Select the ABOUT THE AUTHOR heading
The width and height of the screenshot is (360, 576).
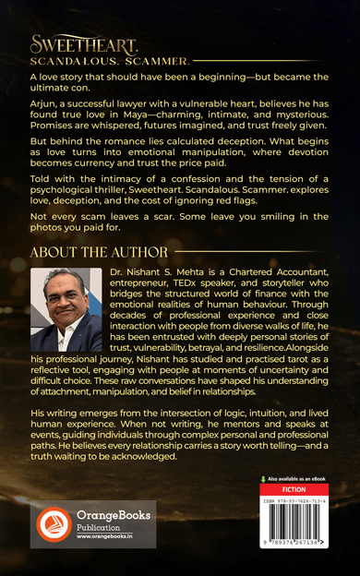(x=99, y=252)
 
